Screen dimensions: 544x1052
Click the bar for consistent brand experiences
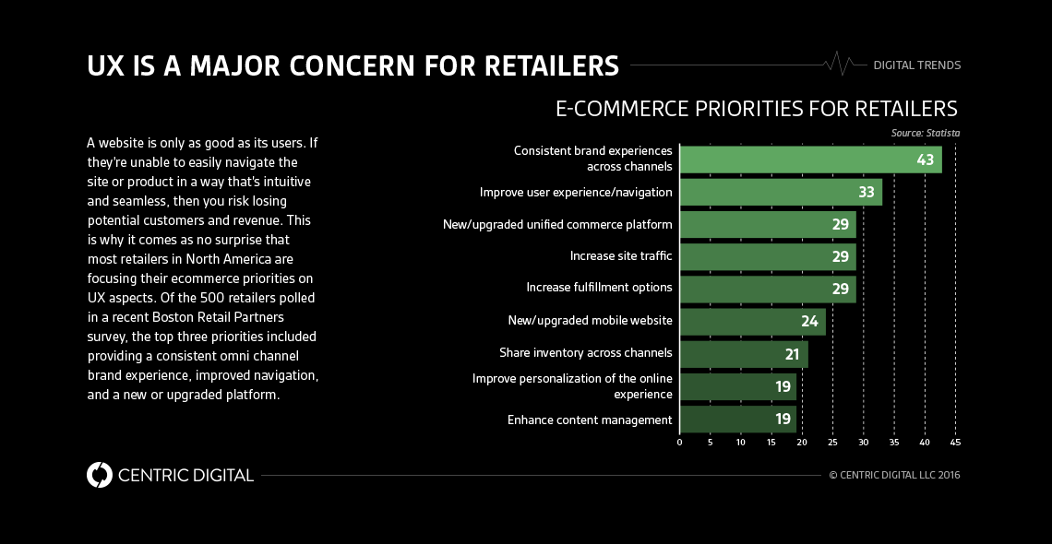[810, 160]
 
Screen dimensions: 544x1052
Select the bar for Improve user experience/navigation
[780, 193]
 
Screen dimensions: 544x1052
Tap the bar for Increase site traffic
[767, 256]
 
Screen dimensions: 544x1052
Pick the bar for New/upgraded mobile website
[752, 321]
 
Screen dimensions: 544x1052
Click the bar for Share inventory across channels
[743, 354]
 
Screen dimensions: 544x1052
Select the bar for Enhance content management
[736, 420]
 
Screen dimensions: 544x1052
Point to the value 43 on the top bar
[926, 160]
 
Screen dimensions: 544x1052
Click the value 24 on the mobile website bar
[809, 322]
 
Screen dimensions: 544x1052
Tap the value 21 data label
[791, 354]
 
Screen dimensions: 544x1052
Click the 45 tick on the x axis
[955, 443]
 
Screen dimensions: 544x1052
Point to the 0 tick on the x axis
[679, 443]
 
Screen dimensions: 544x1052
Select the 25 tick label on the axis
[832, 443]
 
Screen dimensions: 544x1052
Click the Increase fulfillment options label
[599, 288]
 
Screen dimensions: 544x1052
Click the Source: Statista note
[925, 133]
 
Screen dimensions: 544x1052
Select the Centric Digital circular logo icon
[99, 475]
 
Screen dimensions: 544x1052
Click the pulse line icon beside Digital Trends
[841, 65]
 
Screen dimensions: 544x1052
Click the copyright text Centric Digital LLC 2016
[894, 476]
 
